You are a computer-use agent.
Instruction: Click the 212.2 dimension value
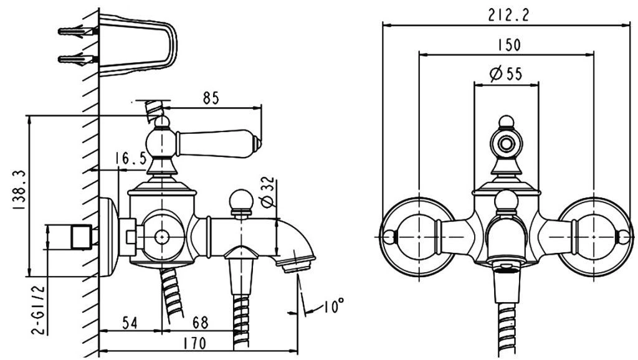coord(508,15)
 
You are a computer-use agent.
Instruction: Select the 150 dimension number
coord(508,44)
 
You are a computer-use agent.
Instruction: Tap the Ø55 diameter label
coord(506,73)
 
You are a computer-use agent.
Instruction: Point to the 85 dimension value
coord(211,98)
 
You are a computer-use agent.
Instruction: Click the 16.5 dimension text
coord(130,158)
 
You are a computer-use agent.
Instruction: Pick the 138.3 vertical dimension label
coord(19,189)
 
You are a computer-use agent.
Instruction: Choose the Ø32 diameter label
coord(268,192)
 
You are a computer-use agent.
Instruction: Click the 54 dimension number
coord(130,323)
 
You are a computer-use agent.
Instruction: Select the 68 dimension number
coord(200,323)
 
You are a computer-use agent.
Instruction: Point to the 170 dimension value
coord(194,344)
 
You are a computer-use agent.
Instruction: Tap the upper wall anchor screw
coord(78,31)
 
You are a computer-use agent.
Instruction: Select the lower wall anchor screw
coord(78,60)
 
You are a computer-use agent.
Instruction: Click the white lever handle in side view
coord(217,143)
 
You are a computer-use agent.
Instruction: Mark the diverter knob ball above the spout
coord(241,200)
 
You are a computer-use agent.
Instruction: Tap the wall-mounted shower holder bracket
coord(138,45)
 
